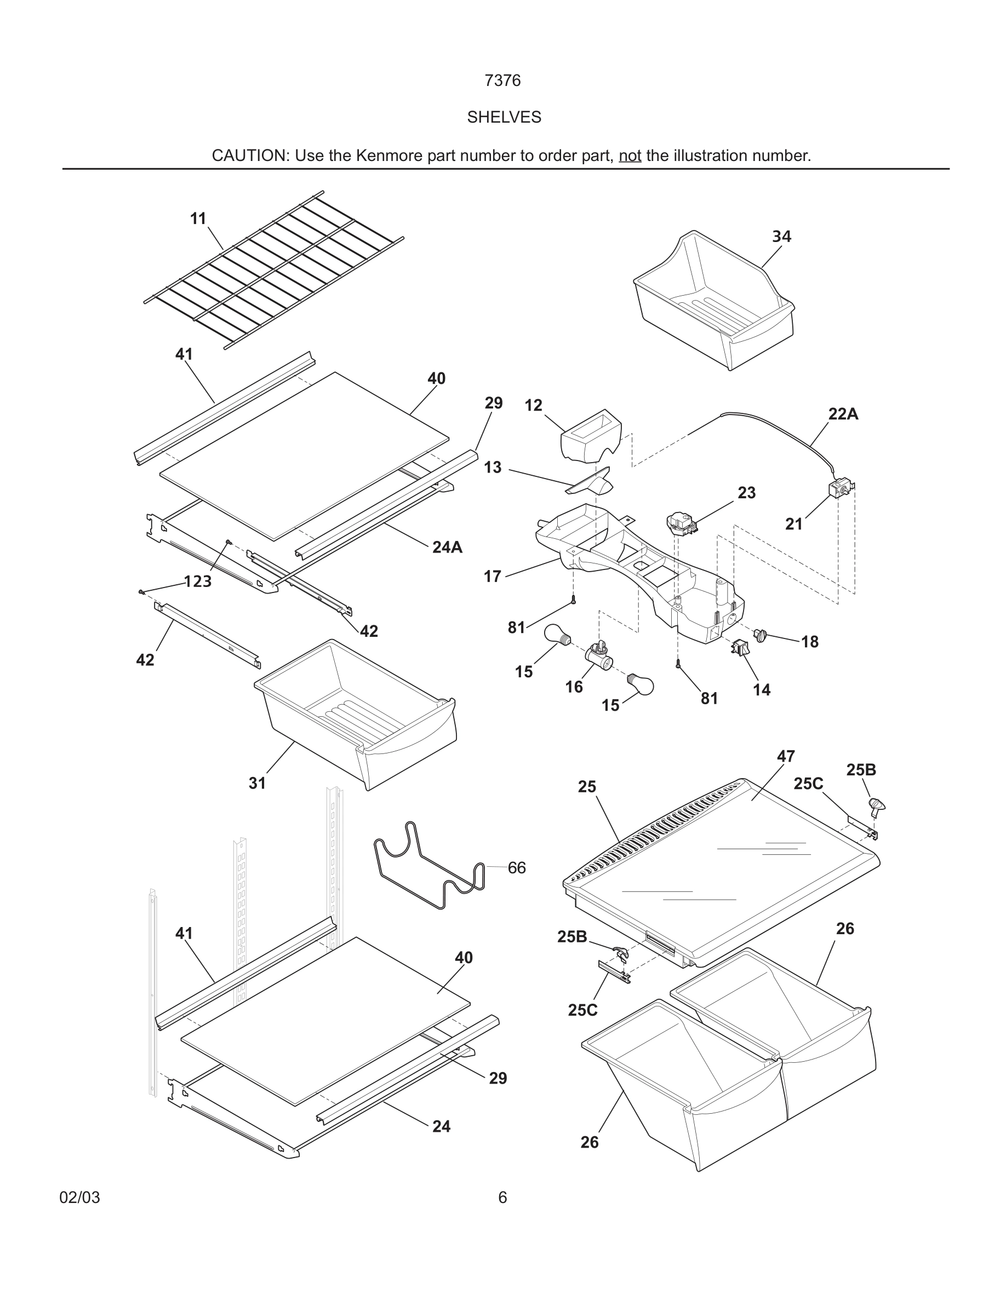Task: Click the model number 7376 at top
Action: coord(502,80)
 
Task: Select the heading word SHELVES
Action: coord(504,117)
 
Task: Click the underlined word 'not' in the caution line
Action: coord(630,156)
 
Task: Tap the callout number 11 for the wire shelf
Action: coord(198,218)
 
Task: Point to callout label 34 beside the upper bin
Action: coord(781,237)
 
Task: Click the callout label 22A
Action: coord(843,414)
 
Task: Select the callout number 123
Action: coord(198,582)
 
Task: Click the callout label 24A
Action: coord(447,547)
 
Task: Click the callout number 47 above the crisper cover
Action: coord(786,756)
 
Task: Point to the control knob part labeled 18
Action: coord(761,635)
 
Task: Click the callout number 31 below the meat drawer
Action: coord(257,784)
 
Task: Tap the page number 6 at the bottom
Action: coord(502,1198)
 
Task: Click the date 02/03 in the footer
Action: coord(79,1198)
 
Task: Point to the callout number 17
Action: coord(492,576)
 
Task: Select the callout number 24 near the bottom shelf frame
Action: coord(441,1126)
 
